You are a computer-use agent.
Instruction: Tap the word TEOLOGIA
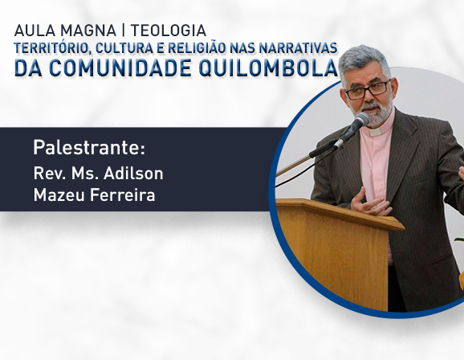point(169,31)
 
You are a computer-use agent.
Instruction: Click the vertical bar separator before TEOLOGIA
point(124,31)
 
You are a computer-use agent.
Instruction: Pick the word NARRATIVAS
point(298,48)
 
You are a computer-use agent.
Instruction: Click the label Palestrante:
point(89,147)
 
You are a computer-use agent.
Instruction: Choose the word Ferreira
point(122,195)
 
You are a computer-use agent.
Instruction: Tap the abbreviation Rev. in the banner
point(50,173)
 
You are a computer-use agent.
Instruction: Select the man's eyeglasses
point(368,90)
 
